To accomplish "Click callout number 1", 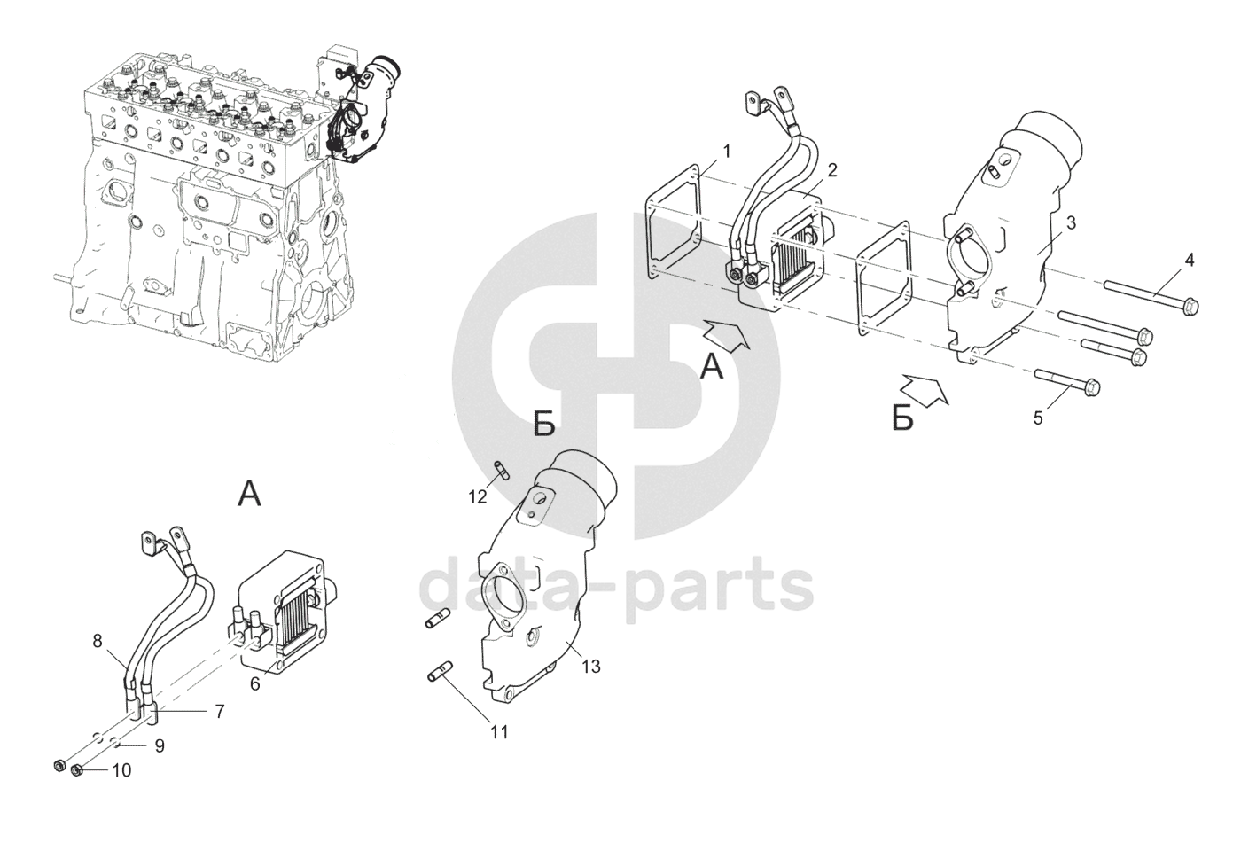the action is click(x=727, y=151).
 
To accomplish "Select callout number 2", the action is click(x=832, y=171).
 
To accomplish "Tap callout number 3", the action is click(x=1071, y=223).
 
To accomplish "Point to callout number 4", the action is click(x=1189, y=261).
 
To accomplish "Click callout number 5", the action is click(x=1038, y=418).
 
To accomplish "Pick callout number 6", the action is click(x=255, y=683).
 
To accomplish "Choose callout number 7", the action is click(x=220, y=712).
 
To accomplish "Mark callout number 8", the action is click(x=98, y=641).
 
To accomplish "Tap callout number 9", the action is click(x=159, y=746).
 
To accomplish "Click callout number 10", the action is click(x=121, y=770).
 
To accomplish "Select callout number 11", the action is click(x=499, y=732).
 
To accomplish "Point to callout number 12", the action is click(x=478, y=497).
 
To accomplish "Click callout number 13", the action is click(x=590, y=667).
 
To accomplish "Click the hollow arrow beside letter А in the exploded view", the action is click(x=728, y=332).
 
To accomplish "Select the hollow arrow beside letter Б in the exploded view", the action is click(x=925, y=389).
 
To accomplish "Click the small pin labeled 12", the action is click(x=502, y=470).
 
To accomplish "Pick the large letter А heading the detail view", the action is click(x=249, y=493).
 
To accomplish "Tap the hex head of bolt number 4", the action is click(x=1190, y=306).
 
